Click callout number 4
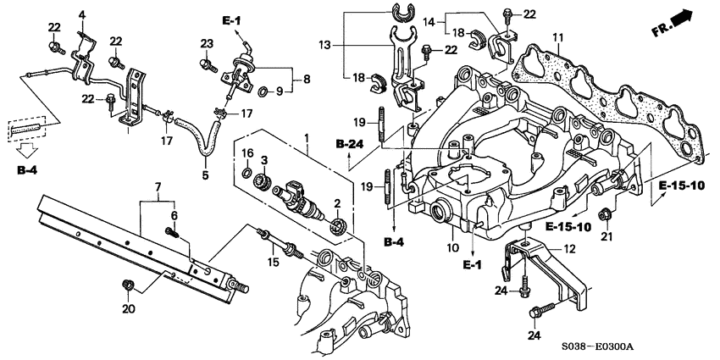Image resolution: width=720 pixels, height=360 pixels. [x=82, y=15]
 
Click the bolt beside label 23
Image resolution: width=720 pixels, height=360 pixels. [x=205, y=62]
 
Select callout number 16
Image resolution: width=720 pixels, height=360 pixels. [x=247, y=152]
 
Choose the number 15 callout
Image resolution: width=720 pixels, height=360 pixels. [x=273, y=263]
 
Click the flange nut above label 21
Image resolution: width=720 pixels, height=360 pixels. [x=605, y=214]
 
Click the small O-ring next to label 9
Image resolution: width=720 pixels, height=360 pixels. [x=264, y=90]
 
